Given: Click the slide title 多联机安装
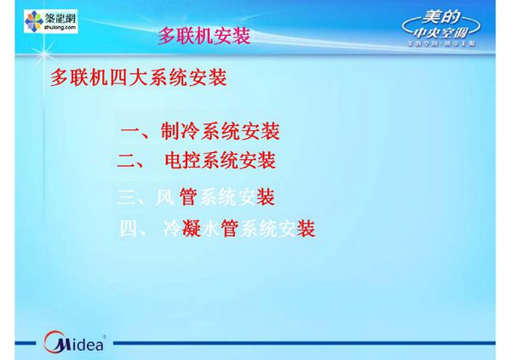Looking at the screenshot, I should click(x=204, y=37).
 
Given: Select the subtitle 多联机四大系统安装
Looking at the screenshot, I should click(x=139, y=79).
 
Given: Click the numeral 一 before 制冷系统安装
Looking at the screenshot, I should click(x=130, y=133).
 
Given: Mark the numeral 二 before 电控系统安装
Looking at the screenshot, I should click(x=126, y=161).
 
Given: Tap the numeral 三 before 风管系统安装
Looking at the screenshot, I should click(x=126, y=199).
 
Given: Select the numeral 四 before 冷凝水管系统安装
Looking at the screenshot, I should click(x=129, y=229).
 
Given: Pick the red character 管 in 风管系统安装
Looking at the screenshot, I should click(x=188, y=198).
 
